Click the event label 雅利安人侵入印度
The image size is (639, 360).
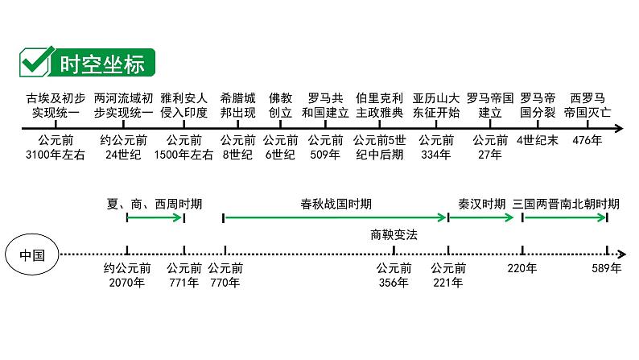pos(183,105)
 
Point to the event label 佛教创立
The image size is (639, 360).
pos(281,105)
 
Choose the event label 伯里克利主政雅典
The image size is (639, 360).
pos(379,105)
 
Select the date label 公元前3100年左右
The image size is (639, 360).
pos(55,147)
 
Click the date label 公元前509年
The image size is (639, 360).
pos(325,147)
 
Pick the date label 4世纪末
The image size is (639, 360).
pos(537,141)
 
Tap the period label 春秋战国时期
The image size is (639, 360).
pos(335,204)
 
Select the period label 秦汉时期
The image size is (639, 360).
pos(481,204)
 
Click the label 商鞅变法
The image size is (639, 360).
pos(394,235)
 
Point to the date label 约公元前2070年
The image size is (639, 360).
pos(127,275)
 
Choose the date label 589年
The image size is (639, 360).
pos(606,269)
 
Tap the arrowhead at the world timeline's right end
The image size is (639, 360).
pos(619,129)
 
